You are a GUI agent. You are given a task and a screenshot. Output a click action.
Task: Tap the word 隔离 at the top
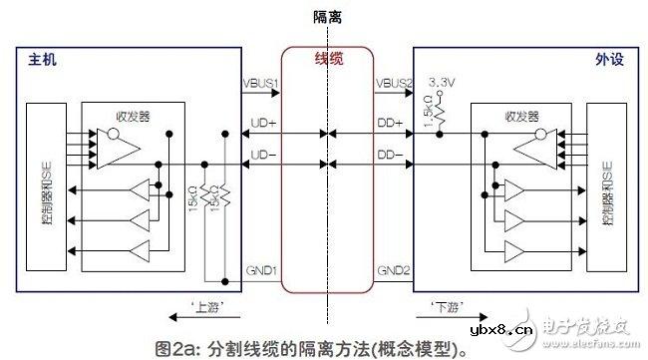324,18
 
